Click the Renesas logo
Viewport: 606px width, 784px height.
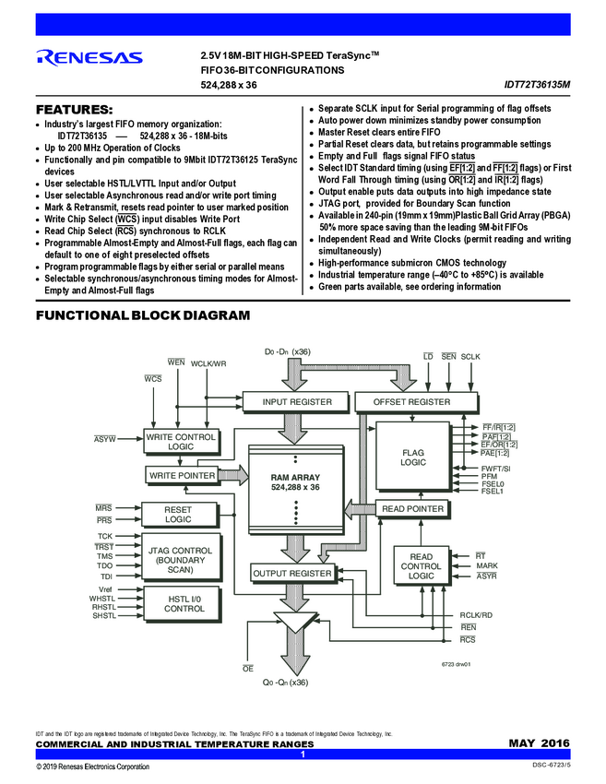point(89,56)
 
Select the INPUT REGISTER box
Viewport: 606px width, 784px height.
point(297,402)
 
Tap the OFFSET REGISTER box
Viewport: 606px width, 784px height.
point(411,402)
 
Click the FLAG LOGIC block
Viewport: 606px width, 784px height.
point(412,457)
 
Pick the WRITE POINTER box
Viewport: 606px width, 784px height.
point(182,475)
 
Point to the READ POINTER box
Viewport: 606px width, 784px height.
point(412,508)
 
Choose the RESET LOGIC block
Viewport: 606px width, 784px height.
point(178,514)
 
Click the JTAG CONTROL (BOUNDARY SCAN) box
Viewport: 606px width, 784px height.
point(180,557)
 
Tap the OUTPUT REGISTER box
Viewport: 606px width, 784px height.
point(291,574)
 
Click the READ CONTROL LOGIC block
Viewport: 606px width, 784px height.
point(421,566)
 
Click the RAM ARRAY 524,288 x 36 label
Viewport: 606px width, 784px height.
point(295,481)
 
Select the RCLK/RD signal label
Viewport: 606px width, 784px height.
point(476,614)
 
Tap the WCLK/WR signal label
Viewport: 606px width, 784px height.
point(208,363)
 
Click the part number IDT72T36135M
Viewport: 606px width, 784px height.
point(537,85)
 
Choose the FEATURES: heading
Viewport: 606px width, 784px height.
point(74,109)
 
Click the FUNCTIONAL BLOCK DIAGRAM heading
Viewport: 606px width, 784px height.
point(142,315)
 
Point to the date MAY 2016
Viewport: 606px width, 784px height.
point(539,743)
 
